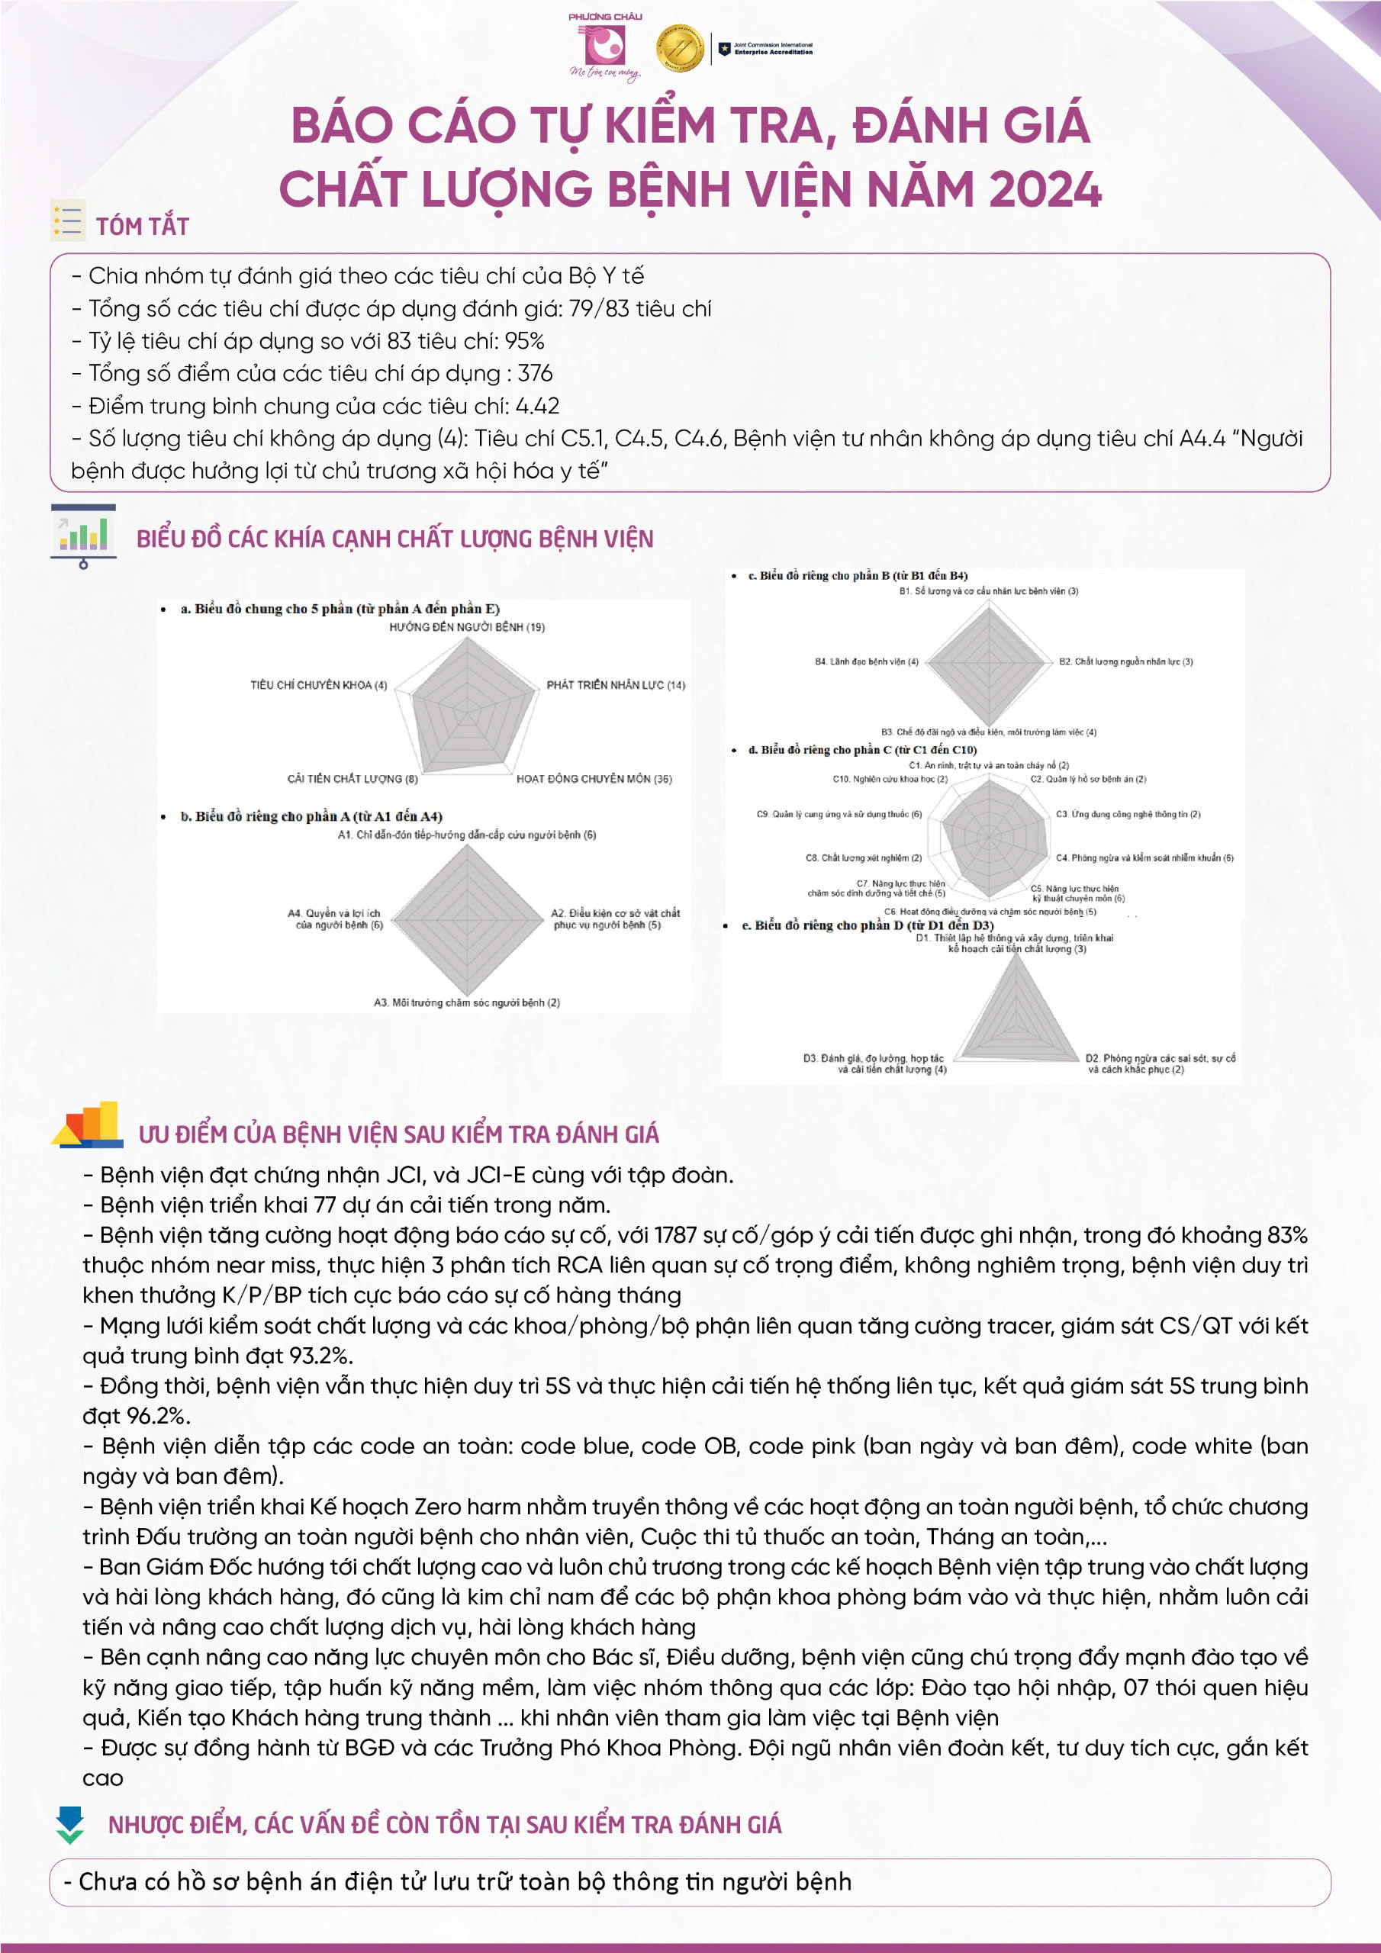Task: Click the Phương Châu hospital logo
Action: pos(604,46)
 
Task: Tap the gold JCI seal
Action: pos(679,47)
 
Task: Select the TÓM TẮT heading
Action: pos(142,227)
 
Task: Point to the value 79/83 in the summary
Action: pos(599,309)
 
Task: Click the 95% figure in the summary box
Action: pos(524,341)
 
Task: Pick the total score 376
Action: pos(534,373)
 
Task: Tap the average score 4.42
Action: pos(537,406)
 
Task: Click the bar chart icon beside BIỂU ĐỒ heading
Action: pos(83,535)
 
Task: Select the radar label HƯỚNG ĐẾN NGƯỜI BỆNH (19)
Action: pos(466,627)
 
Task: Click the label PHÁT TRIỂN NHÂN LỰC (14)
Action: pos(615,685)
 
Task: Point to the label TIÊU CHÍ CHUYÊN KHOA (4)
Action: pos(318,685)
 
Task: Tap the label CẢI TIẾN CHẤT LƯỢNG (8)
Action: pos(352,778)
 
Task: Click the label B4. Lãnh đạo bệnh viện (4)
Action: pos(866,661)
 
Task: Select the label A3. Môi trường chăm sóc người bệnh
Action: pos(466,1002)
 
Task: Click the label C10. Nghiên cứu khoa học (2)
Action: pos(889,779)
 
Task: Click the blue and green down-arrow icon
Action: pos(69,1825)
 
